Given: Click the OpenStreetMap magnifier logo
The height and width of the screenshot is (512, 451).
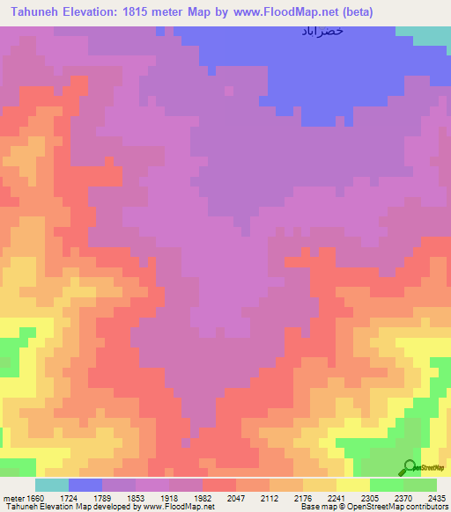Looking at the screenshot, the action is (x=410, y=467).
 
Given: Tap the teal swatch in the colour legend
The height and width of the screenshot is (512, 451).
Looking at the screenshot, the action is (x=52, y=485).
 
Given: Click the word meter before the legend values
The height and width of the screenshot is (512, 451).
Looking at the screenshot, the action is (x=13, y=498).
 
